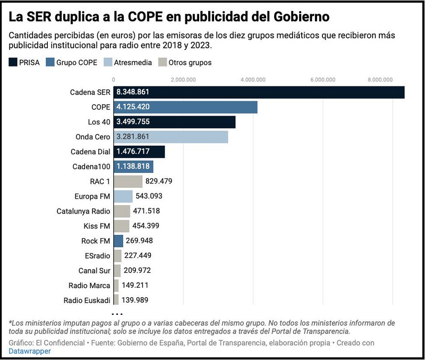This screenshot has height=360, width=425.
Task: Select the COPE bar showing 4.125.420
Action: coord(185,107)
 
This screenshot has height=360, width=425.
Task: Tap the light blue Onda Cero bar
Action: coord(171,137)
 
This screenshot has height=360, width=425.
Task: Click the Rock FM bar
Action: coord(118,241)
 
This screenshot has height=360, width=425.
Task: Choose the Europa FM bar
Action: coord(123,196)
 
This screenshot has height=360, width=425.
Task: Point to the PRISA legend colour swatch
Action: coord(13,62)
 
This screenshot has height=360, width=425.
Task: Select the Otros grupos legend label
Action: coord(190,62)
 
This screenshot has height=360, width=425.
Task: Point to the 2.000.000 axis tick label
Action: coord(184,80)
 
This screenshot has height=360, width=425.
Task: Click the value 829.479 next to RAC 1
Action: coord(159,181)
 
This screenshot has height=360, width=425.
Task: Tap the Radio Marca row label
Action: coord(89,286)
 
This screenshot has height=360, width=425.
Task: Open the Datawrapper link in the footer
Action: coord(30,351)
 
